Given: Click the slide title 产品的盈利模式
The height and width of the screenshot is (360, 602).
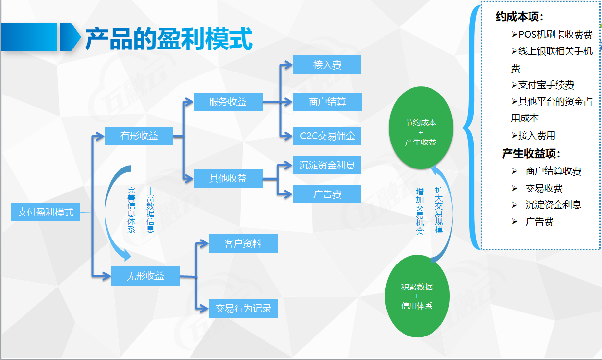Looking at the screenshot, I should (169, 39).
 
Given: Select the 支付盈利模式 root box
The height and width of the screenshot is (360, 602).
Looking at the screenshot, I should (46, 212).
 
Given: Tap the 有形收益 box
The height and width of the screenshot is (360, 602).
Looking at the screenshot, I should (139, 136).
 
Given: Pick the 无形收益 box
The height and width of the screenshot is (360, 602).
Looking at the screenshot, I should (145, 276).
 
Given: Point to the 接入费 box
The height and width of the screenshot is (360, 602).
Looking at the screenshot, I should (327, 65).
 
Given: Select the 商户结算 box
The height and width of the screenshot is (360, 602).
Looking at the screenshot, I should (327, 101).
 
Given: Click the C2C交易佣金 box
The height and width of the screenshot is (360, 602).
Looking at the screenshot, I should (327, 136).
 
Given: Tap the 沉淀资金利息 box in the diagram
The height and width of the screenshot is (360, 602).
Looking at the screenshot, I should (327, 165).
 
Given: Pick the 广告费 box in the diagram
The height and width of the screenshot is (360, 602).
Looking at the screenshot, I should (327, 194).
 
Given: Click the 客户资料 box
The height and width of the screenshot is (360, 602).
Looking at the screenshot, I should (243, 243).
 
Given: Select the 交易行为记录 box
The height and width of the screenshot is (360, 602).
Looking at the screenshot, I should (243, 309).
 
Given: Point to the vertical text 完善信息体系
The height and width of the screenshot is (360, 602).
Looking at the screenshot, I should (131, 209).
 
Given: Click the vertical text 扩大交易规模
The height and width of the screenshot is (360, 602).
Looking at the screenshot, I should (439, 209).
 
